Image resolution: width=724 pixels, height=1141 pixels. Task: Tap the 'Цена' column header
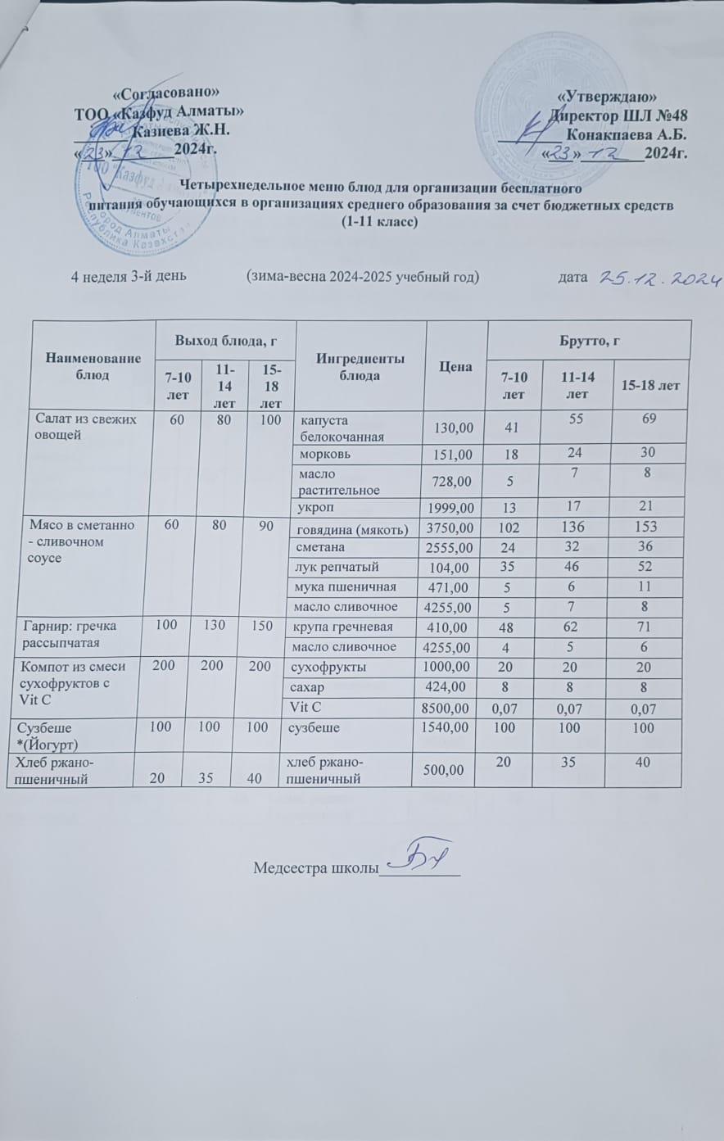pos(456,366)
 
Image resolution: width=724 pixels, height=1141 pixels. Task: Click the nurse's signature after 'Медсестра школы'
pos(418,860)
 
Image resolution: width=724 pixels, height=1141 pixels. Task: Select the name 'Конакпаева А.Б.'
pos(626,134)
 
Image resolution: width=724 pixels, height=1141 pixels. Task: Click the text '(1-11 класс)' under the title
pos(379,222)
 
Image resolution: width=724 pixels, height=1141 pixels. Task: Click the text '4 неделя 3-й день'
pos(129,276)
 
